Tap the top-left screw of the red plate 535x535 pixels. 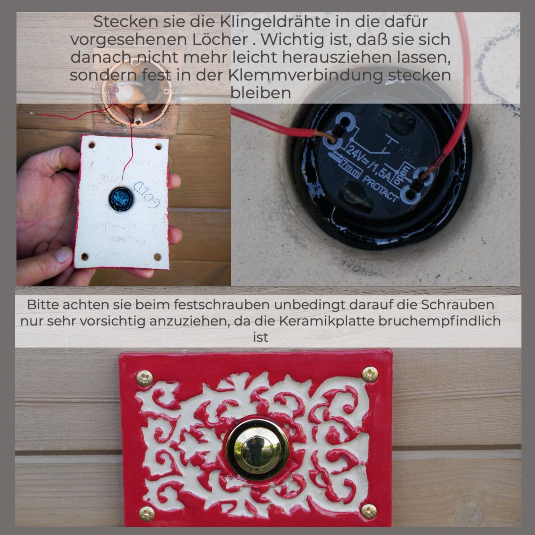145,379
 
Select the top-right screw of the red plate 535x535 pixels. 370,374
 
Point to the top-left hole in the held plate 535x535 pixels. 91,146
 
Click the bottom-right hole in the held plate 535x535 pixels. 157,257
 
